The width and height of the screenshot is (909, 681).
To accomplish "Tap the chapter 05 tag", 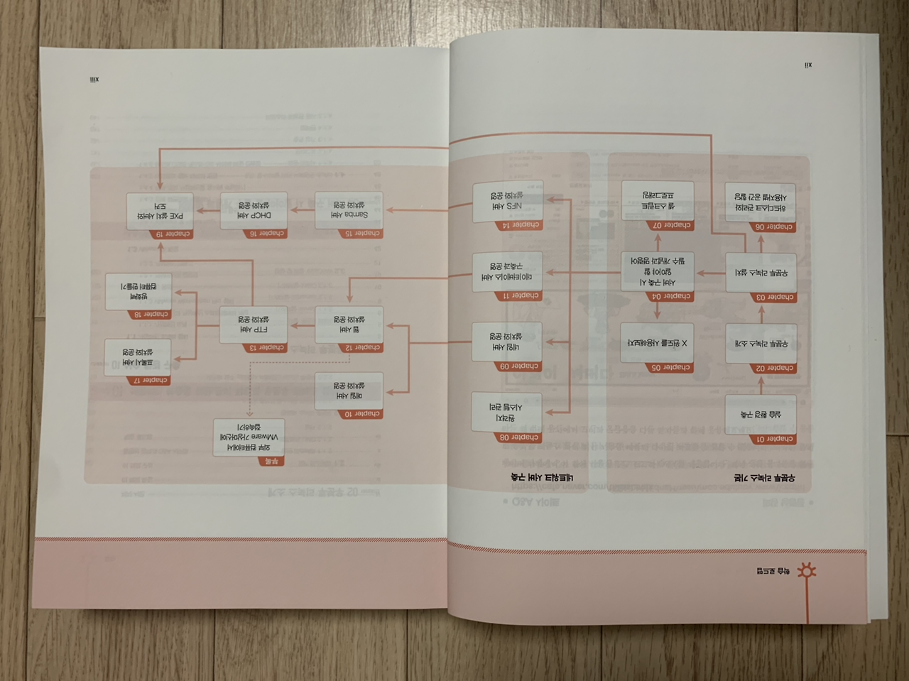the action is point(669,368).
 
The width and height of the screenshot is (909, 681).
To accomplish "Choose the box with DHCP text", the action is point(254,210).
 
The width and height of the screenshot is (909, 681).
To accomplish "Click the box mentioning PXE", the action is point(160,211).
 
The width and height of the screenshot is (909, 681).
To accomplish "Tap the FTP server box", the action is point(254,325).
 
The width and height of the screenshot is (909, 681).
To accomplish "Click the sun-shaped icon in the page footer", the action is point(807,571).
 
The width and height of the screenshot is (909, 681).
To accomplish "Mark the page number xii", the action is point(808,65).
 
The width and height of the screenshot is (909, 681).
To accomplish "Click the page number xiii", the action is point(94,80).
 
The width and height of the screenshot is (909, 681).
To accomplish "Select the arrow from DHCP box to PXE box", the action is point(207,211).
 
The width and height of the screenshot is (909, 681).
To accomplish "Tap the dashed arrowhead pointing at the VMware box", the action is point(249,413).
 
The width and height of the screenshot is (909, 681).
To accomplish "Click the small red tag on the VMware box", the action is point(271,462).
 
